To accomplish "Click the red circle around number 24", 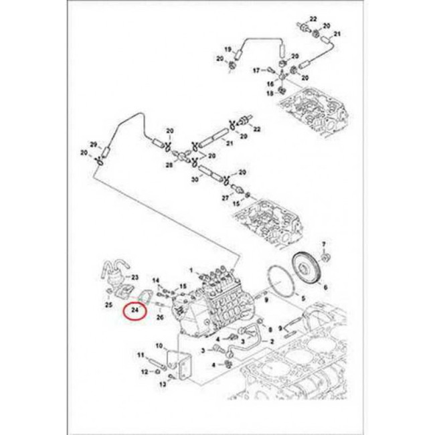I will [x=135, y=311].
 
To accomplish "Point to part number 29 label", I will [x=94, y=145].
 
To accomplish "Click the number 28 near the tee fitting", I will [x=170, y=163].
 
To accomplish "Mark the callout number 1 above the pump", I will [x=191, y=270].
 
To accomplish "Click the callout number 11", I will [x=141, y=354].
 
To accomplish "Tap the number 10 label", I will [x=159, y=345].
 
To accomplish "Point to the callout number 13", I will [x=161, y=385].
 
